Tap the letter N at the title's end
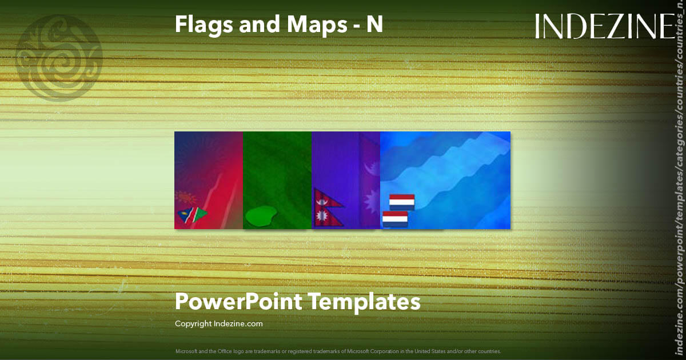click(x=374, y=24)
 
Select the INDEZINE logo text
click(x=605, y=26)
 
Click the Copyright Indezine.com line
click(x=218, y=324)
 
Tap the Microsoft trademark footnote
click(x=338, y=351)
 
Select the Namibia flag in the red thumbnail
click(x=191, y=215)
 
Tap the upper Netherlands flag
click(x=401, y=202)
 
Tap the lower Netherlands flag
click(x=394, y=219)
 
